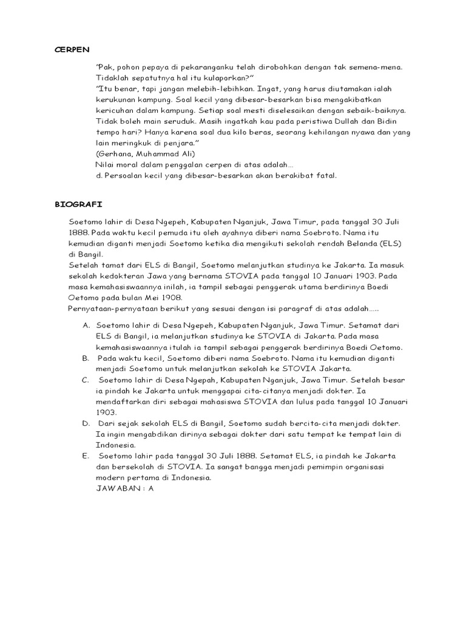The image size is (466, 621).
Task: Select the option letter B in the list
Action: (x=86, y=358)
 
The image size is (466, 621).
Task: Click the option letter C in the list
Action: (x=86, y=380)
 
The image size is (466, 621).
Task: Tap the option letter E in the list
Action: (x=86, y=456)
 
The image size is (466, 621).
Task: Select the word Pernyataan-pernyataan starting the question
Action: (x=113, y=309)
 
